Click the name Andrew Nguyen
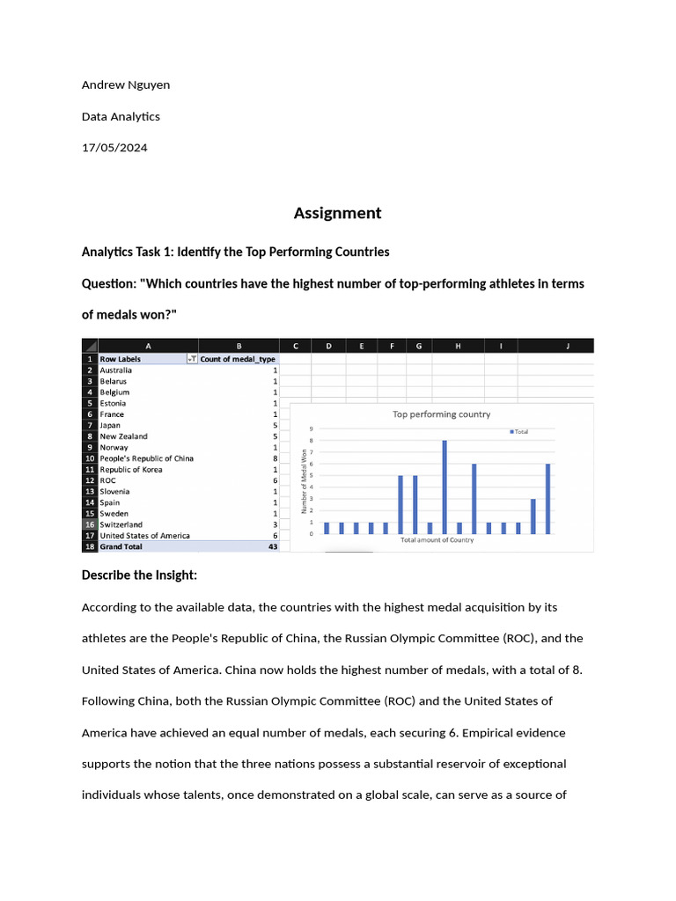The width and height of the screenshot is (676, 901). pyautogui.click(x=126, y=84)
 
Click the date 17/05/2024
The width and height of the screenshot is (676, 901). pyautogui.click(x=114, y=148)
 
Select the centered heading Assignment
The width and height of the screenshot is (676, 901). pyautogui.click(x=338, y=213)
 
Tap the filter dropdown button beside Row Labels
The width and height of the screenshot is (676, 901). pyautogui.click(x=191, y=359)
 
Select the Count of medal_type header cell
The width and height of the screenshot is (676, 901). pyautogui.click(x=238, y=359)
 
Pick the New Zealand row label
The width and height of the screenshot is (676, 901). pyautogui.click(x=123, y=436)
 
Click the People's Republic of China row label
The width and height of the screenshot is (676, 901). pyautogui.click(x=146, y=458)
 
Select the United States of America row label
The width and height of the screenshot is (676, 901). pyautogui.click(x=144, y=535)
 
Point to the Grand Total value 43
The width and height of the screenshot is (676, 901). pyautogui.click(x=272, y=546)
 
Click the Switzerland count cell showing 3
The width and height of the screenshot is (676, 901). pyautogui.click(x=275, y=524)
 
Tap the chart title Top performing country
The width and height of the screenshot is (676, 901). pyautogui.click(x=441, y=414)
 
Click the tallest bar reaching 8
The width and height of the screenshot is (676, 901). pyautogui.click(x=445, y=487)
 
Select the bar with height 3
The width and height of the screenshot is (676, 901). pyautogui.click(x=533, y=516)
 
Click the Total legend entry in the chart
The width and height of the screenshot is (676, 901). pyautogui.click(x=519, y=431)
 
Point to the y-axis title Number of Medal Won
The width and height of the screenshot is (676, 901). pyautogui.click(x=305, y=481)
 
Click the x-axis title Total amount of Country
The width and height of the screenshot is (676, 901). pyautogui.click(x=437, y=540)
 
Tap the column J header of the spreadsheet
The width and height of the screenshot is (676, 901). pyautogui.click(x=568, y=346)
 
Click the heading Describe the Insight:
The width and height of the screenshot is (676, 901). pyautogui.click(x=139, y=575)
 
